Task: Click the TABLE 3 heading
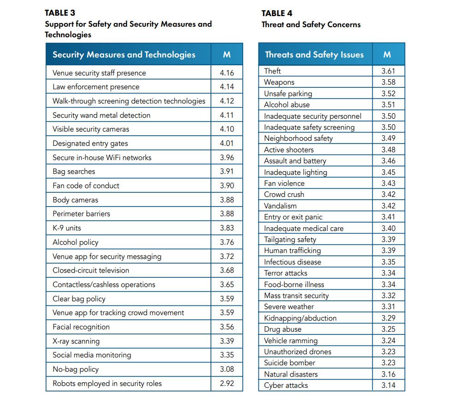(x=60, y=13)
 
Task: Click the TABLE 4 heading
(x=276, y=13)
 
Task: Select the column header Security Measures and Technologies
(x=124, y=55)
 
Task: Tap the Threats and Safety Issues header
(x=315, y=55)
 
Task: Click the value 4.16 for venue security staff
(x=227, y=73)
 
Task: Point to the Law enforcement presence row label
(x=96, y=87)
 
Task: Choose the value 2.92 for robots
(x=227, y=383)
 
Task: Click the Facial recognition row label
(x=81, y=327)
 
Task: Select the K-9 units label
(x=67, y=228)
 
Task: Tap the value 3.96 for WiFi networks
(x=227, y=157)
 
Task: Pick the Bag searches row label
(x=74, y=172)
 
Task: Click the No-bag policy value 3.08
(x=227, y=369)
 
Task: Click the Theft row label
(x=272, y=71)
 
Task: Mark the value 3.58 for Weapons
(x=389, y=82)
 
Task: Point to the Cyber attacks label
(x=286, y=385)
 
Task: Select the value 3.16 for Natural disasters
(x=389, y=374)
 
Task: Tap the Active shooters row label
(x=289, y=150)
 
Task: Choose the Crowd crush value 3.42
(x=389, y=194)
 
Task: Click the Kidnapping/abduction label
(x=300, y=318)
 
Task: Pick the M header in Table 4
(x=387, y=55)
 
